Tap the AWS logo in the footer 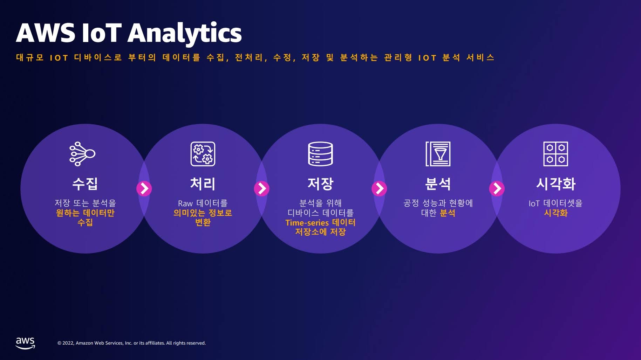click(x=25, y=343)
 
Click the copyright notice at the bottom click(x=131, y=343)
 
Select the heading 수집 click(x=85, y=184)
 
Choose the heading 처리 click(x=203, y=184)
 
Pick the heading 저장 click(x=320, y=184)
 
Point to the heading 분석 click(x=438, y=184)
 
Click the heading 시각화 click(x=555, y=184)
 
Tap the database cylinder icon click(x=320, y=154)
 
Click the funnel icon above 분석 click(x=438, y=154)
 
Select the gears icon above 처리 click(x=203, y=154)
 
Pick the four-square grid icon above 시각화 click(x=555, y=154)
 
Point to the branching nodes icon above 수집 click(x=82, y=154)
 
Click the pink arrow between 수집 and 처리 click(x=144, y=188)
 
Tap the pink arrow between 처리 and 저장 click(x=261, y=188)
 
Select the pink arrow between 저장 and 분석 click(x=379, y=188)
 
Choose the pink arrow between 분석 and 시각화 click(x=497, y=188)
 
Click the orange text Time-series click(x=307, y=223)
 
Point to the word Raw click(x=185, y=203)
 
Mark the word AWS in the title click(x=46, y=33)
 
